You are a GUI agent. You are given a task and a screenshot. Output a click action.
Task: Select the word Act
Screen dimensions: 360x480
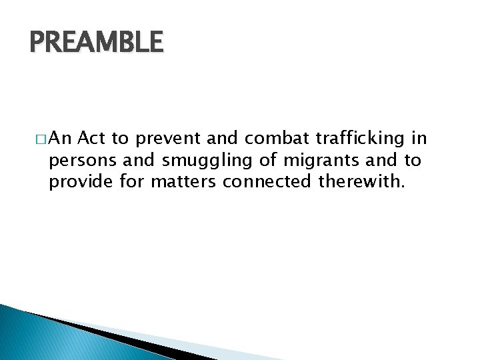click(x=91, y=139)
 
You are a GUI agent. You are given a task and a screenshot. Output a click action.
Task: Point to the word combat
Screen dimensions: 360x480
click(x=275, y=139)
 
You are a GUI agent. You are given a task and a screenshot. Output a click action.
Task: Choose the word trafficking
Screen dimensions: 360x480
click(x=359, y=139)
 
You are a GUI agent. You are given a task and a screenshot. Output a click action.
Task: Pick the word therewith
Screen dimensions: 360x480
click(x=361, y=181)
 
